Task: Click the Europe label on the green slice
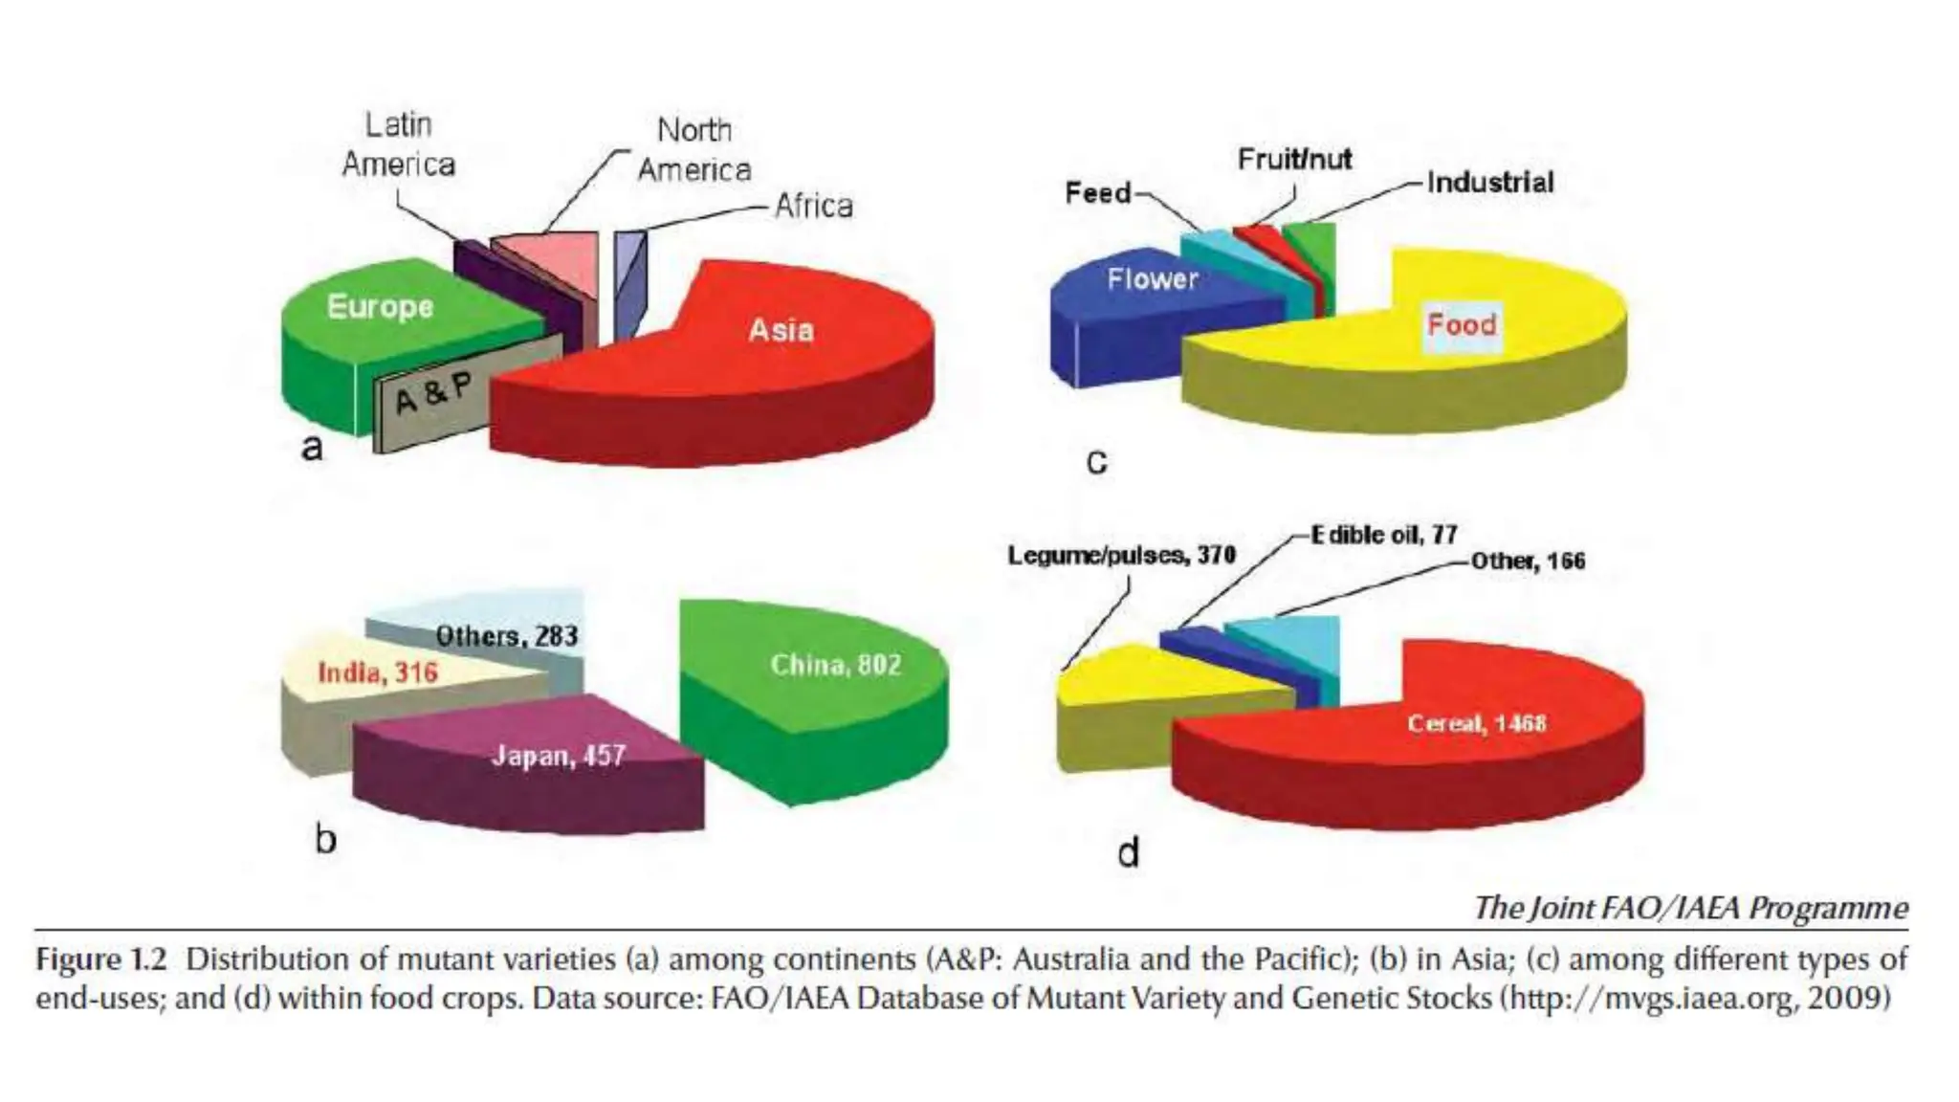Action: click(380, 307)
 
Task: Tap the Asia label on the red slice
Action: click(781, 331)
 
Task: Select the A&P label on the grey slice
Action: click(433, 392)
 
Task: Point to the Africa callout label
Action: click(813, 206)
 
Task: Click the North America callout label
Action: click(694, 150)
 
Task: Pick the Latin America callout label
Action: click(398, 144)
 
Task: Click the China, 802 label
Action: click(836, 665)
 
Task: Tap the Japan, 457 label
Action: click(559, 757)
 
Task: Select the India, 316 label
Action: click(378, 673)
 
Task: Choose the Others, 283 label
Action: click(507, 636)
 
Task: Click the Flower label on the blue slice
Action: click(1153, 279)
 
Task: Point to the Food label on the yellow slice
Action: click(1462, 325)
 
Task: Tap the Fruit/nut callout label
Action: click(1294, 159)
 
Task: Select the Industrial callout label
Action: click(1490, 183)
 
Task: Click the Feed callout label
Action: click(1098, 193)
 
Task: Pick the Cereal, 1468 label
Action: click(1476, 723)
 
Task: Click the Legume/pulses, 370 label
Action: click(1121, 556)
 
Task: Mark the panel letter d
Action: click(1129, 851)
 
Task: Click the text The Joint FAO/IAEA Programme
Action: click(1690, 907)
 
